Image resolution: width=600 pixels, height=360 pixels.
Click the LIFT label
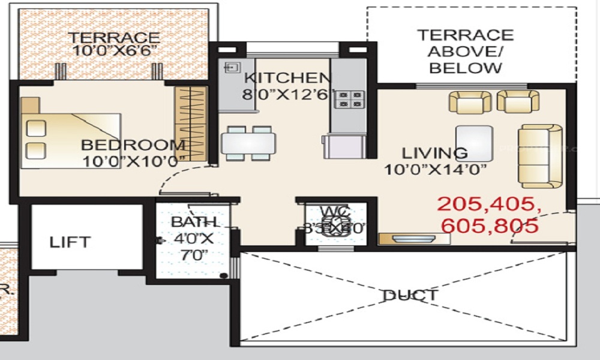(70, 242)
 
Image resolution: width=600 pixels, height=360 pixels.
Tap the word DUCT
(411, 295)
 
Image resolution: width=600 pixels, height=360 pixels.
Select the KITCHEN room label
(287, 79)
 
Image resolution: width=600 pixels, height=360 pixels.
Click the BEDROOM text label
(133, 145)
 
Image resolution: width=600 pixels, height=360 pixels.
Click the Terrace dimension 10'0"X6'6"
(114, 51)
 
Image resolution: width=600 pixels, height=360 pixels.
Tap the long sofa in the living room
(540, 156)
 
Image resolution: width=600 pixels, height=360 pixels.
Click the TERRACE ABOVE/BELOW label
(466, 51)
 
